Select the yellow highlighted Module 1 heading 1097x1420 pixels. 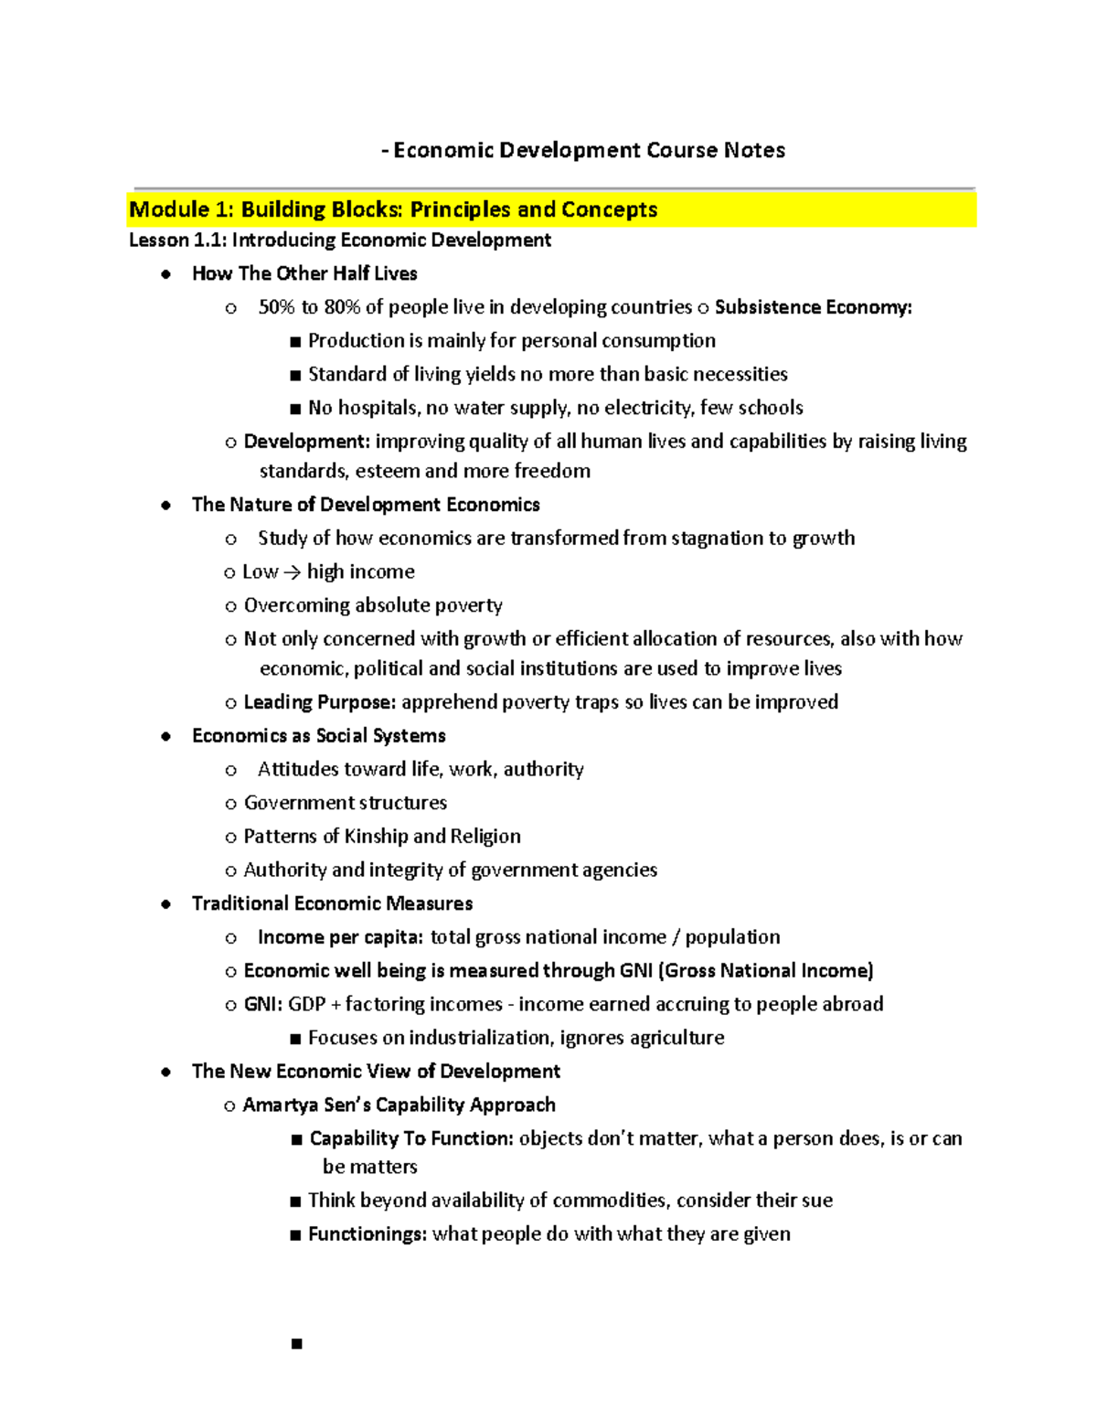click(393, 209)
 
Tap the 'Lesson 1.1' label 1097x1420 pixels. click(177, 240)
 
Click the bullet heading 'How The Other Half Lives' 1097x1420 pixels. click(304, 273)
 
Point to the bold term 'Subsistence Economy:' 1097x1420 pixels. click(813, 307)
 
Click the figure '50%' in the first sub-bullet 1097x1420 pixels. click(277, 307)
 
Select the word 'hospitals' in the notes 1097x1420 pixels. click(378, 408)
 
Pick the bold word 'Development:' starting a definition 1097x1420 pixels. click(306, 442)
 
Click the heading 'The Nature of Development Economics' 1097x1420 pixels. click(366, 505)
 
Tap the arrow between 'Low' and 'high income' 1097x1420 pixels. click(292, 572)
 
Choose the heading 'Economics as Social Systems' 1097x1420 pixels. click(318, 736)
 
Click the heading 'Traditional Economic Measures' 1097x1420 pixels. click(332, 903)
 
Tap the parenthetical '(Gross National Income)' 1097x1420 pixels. click(765, 971)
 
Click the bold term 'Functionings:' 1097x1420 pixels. click(367, 1234)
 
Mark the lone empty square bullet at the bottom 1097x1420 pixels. click(296, 1343)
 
